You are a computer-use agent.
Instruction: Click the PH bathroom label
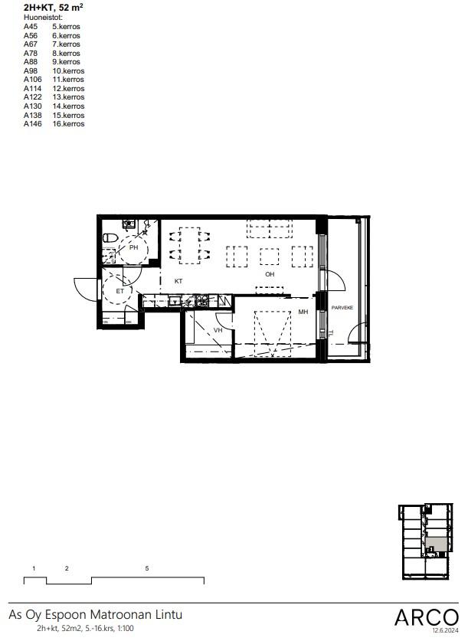(133, 247)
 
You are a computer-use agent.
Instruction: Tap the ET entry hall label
(119, 291)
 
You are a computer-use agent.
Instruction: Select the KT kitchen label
(178, 281)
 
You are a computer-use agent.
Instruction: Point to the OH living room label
(270, 274)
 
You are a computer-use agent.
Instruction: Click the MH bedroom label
(303, 312)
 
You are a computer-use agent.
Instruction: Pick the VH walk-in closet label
(218, 330)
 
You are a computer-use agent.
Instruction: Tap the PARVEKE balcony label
(342, 307)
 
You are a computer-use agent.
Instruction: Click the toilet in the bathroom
(110, 237)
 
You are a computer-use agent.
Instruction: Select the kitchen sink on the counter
(175, 301)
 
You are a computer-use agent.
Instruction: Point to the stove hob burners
(201, 301)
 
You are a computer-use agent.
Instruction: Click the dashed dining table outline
(190, 245)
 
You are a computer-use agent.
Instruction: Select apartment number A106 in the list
(33, 80)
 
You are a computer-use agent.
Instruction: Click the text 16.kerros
(68, 124)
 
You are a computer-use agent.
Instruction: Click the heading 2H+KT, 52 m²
(53, 7)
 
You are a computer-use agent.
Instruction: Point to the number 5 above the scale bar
(147, 568)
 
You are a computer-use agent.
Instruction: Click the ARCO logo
(427, 617)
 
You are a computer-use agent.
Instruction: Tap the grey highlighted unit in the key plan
(435, 544)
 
